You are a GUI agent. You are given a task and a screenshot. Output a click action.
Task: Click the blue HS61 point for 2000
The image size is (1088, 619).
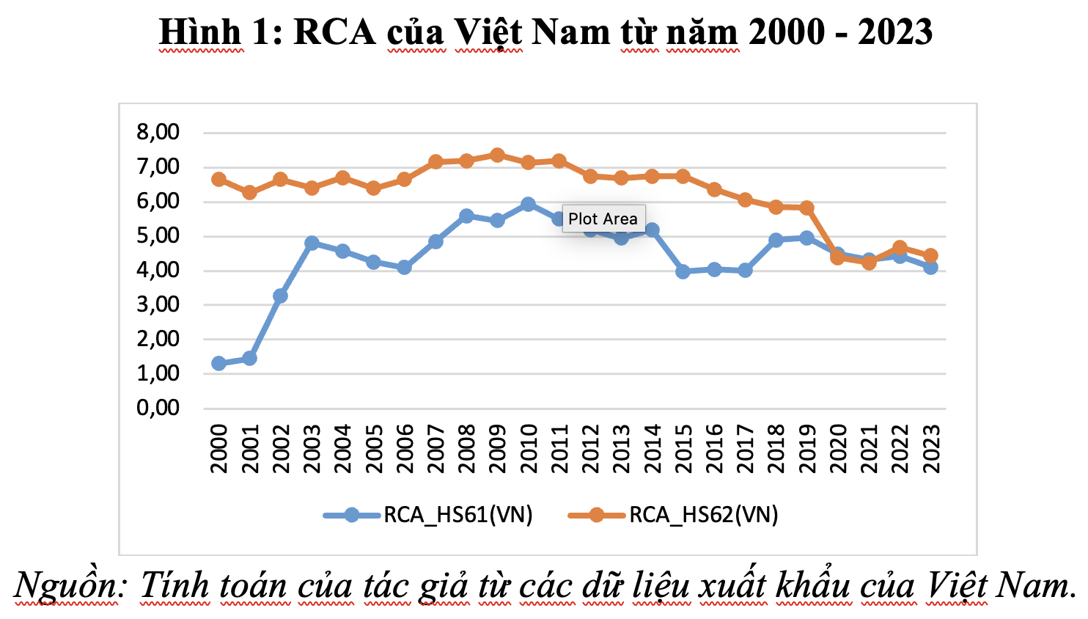point(218,363)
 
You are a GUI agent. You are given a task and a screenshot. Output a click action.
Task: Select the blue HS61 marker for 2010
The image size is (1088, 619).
point(528,205)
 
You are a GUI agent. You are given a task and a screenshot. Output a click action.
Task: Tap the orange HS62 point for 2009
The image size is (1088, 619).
point(497,155)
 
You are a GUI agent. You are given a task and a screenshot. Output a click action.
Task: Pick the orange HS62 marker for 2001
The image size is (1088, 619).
point(249,192)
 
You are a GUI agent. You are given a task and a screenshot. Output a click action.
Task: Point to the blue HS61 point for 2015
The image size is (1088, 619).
point(683,272)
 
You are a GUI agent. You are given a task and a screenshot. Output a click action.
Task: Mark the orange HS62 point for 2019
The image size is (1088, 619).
point(807,208)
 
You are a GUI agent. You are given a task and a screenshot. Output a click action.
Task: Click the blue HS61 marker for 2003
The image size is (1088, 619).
point(312,243)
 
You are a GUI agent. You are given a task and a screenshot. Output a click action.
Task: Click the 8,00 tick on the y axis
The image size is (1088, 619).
point(158,132)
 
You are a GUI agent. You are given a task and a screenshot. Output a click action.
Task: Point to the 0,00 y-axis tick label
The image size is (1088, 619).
point(158,408)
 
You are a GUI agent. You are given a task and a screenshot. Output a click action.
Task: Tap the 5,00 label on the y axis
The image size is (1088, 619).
point(158,235)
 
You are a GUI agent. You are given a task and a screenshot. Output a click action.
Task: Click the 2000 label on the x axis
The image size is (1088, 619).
point(218,448)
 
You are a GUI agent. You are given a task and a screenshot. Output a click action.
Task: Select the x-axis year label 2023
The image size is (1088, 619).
point(931,448)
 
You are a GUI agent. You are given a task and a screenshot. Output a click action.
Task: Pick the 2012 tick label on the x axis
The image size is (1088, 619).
point(590,448)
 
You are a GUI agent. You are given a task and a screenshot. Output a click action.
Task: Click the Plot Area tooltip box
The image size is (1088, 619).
point(603,219)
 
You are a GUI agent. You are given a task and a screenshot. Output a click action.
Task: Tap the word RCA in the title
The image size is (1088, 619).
point(334,32)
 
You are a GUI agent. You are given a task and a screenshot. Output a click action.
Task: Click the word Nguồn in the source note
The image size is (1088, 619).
point(66,585)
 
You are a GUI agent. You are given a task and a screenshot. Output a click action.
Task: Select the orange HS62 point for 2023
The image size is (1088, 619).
point(930,256)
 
